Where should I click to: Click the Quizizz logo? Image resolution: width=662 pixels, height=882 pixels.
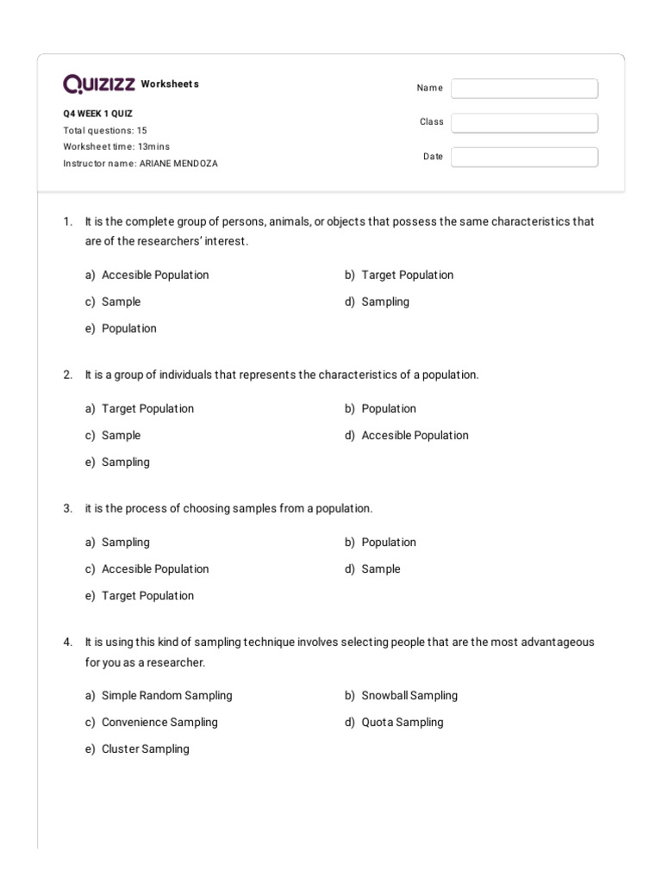tap(99, 84)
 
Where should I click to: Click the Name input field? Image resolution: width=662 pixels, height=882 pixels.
tap(524, 89)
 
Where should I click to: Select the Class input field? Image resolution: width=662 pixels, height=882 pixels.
tap(524, 123)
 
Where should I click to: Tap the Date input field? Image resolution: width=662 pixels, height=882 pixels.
tap(524, 157)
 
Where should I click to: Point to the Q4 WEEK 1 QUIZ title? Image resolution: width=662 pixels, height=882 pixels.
tap(97, 114)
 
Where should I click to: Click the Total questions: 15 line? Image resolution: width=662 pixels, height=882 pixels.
tap(104, 130)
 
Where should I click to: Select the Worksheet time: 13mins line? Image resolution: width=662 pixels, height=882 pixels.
tap(116, 146)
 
